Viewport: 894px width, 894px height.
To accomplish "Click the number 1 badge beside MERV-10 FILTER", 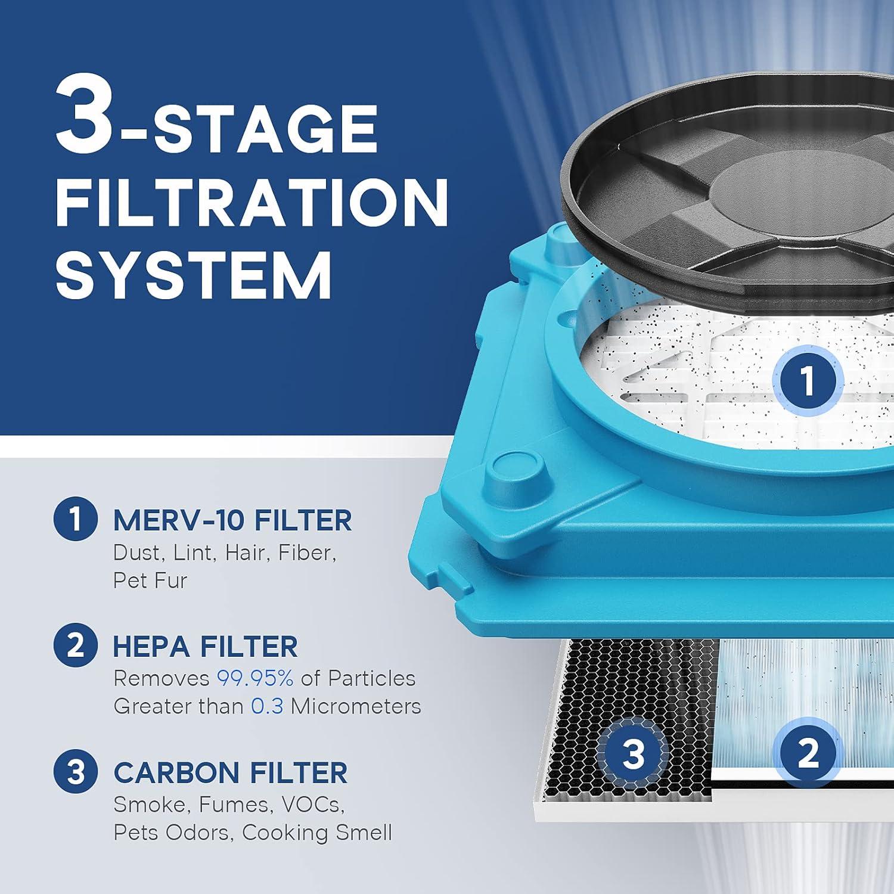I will [x=75, y=520].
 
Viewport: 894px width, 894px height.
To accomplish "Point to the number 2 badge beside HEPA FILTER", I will [x=75, y=646].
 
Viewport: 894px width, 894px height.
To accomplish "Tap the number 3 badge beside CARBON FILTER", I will [x=75, y=772].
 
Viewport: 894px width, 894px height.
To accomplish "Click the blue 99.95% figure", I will [x=254, y=678].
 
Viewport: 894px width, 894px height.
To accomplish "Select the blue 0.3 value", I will [x=266, y=706].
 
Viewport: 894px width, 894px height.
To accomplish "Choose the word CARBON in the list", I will [x=176, y=773].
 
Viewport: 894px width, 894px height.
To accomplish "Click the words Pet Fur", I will [x=150, y=581].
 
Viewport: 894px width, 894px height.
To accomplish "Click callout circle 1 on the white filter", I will [x=808, y=380].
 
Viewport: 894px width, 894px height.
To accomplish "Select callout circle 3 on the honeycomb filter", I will [x=633, y=753].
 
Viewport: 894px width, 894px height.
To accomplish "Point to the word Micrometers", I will [x=356, y=706].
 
